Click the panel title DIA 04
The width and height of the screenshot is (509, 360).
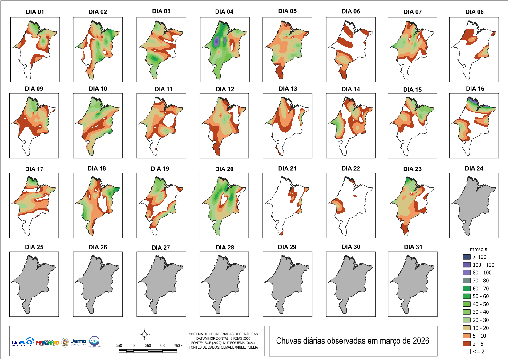[x=224, y=12]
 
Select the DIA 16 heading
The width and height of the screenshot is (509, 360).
[x=475, y=89]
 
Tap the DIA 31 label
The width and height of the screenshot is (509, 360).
[x=413, y=247]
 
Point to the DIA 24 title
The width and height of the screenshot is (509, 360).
[x=474, y=168]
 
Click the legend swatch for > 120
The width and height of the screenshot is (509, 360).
[x=467, y=257]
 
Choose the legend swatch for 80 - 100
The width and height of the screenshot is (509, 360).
[x=467, y=273]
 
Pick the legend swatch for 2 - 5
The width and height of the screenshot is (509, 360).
[x=467, y=343]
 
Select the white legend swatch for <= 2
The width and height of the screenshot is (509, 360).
[x=467, y=351]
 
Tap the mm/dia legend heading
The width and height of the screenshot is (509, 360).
[x=478, y=249]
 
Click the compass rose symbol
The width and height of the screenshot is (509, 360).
[x=144, y=334]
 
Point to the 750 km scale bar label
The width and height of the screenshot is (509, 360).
[x=180, y=346]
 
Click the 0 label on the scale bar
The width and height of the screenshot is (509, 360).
[x=134, y=346]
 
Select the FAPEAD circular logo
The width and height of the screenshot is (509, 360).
[x=94, y=341]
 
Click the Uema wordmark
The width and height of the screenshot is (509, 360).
[x=78, y=341]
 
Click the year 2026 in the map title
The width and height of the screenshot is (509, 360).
[x=421, y=341]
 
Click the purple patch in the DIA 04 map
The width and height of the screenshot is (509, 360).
[x=217, y=40]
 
